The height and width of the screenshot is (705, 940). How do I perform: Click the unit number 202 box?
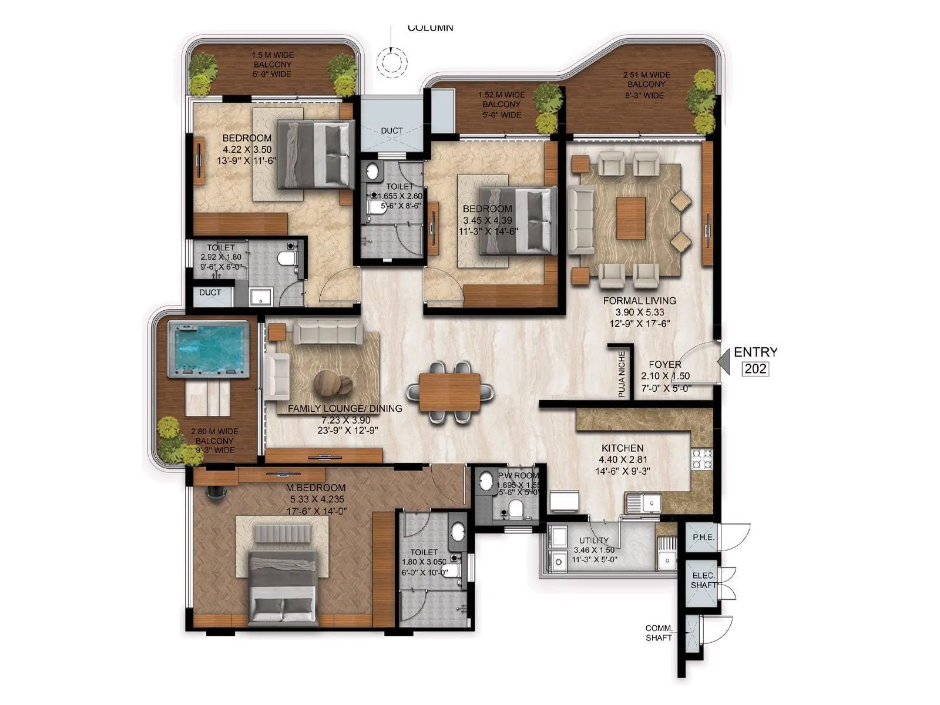755,368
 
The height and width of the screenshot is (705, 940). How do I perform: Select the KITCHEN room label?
622,448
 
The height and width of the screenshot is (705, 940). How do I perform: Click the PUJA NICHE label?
622,374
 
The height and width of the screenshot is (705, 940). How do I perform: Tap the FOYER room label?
664,364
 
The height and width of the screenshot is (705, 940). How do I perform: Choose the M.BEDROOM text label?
315,488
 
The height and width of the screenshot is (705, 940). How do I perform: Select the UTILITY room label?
593,540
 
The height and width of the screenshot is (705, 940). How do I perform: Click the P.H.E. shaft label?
702,537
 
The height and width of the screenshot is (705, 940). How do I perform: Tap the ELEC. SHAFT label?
703,580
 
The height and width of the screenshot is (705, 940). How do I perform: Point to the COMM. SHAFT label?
659,633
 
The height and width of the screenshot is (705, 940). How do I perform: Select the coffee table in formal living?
630,217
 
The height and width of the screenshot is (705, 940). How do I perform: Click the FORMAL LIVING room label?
639,301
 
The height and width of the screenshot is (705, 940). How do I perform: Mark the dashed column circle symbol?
392,61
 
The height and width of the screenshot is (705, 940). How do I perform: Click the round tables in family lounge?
333,383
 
